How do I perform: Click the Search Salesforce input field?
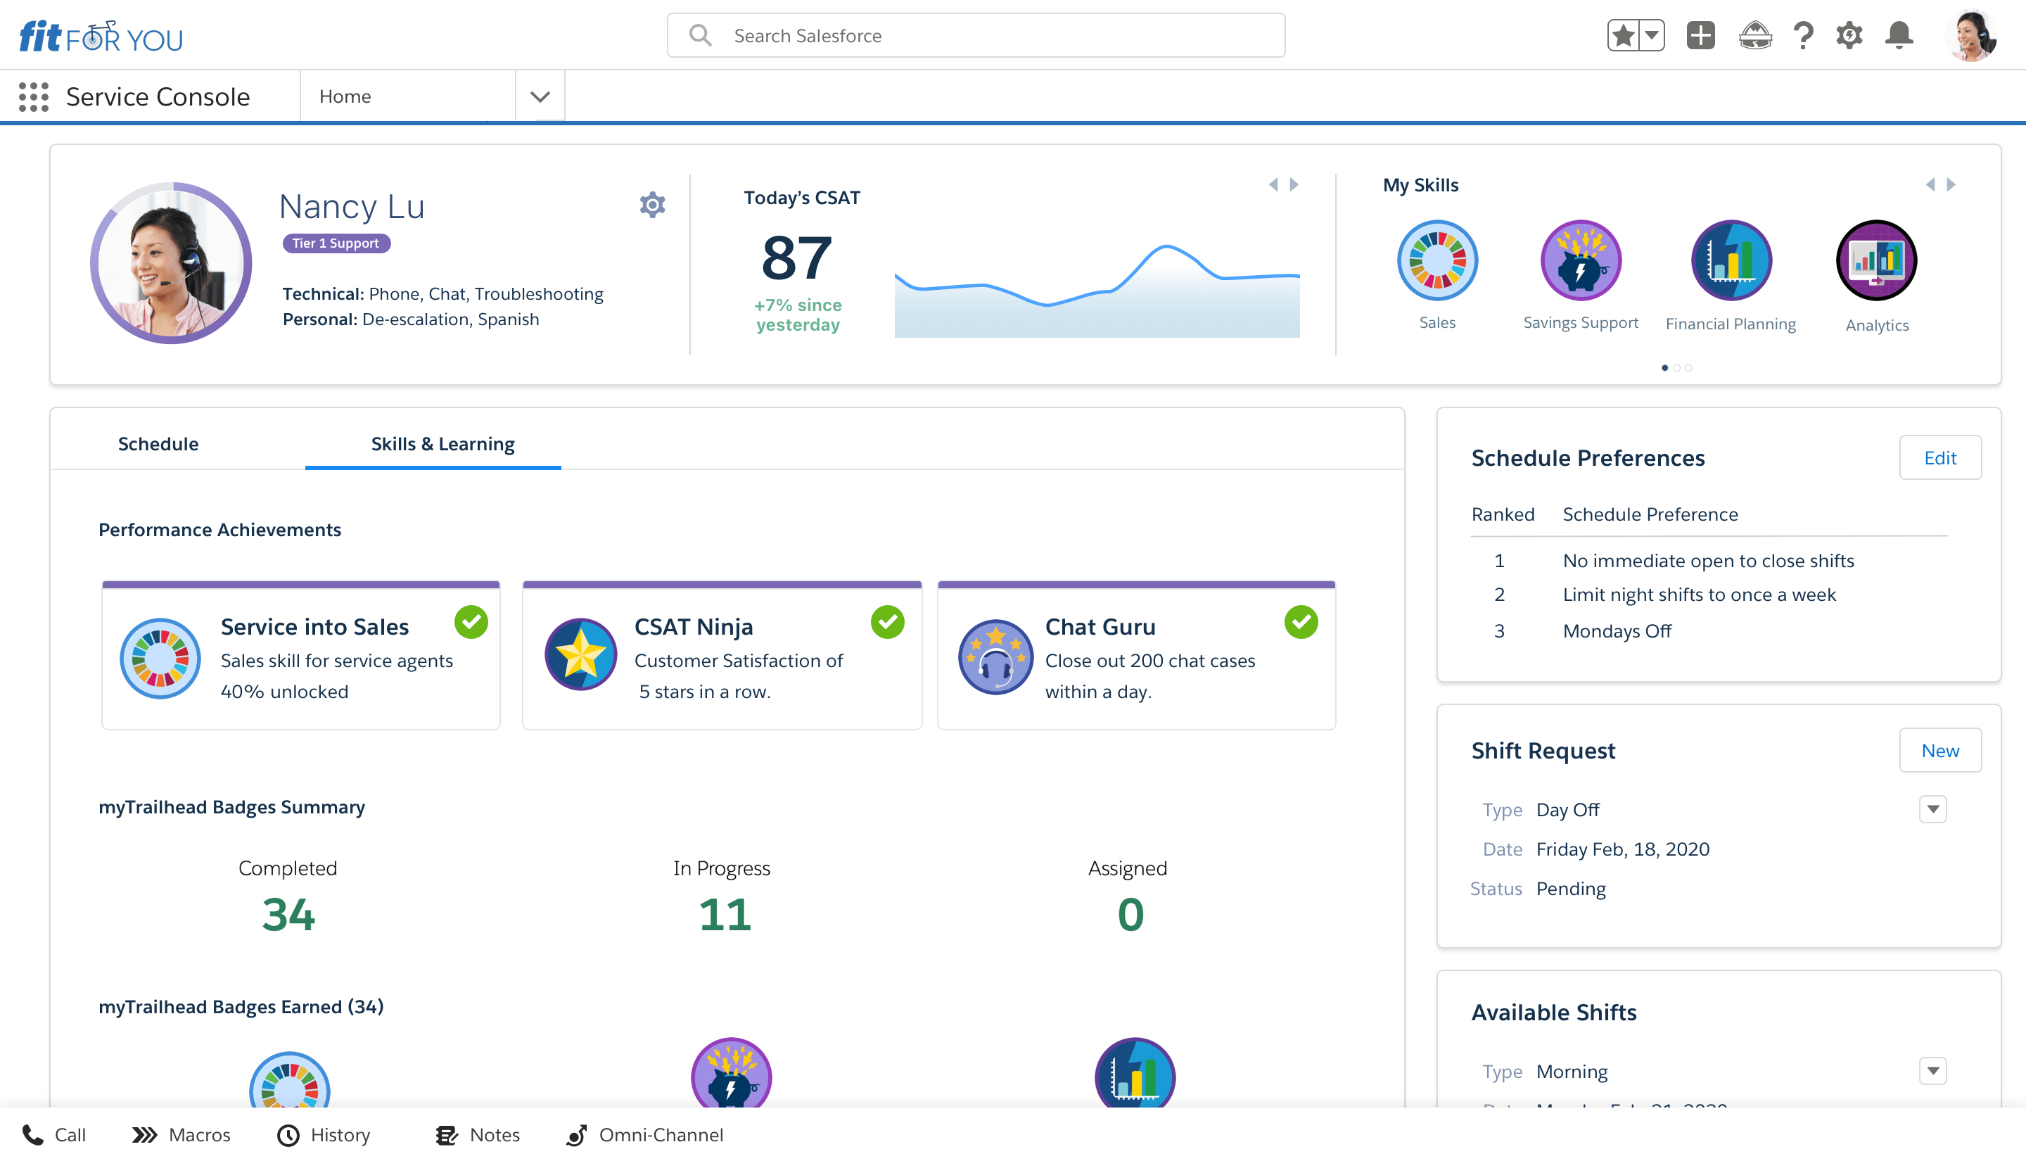tap(976, 36)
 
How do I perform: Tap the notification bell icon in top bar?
tap(1899, 36)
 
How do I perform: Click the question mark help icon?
tap(1803, 36)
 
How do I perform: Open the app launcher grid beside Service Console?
tap(34, 96)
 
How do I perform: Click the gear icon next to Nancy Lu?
tap(652, 205)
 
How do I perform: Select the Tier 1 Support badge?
tap(336, 243)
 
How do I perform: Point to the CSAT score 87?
tap(797, 258)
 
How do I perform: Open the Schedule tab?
tap(158, 443)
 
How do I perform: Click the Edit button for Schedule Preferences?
tap(1940, 457)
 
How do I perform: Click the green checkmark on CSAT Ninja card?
tap(887, 622)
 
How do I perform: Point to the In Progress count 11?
tap(725, 914)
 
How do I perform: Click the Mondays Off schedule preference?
tap(1617, 630)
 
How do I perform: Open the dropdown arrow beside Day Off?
tap(1932, 809)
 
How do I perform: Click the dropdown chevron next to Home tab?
tap(540, 96)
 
